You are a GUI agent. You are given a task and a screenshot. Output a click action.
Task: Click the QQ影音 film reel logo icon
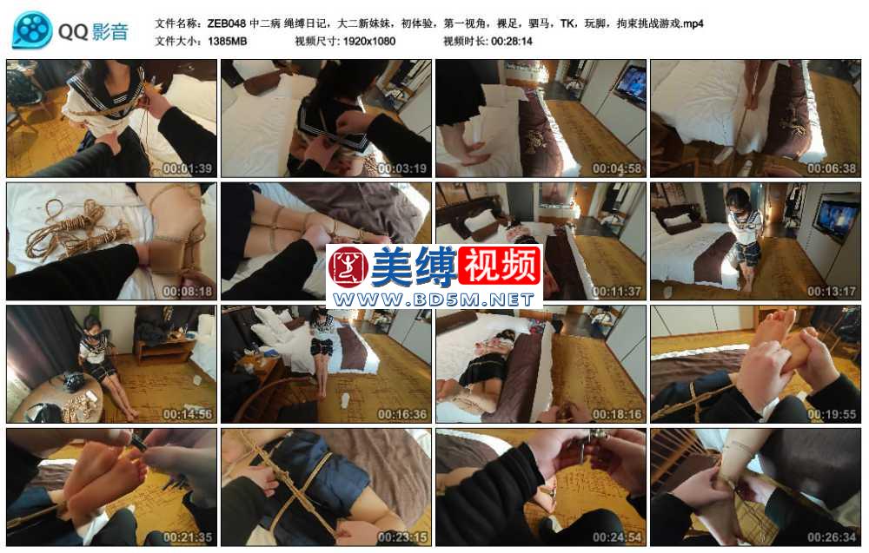(32, 30)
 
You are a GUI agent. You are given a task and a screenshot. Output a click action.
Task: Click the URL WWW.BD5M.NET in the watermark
(433, 300)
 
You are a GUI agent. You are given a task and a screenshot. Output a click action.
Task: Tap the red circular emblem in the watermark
(348, 268)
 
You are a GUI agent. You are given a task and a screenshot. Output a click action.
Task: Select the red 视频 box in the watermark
(500, 267)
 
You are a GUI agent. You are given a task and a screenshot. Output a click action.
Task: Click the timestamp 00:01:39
(187, 168)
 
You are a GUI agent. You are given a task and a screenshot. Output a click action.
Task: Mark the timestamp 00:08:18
(187, 292)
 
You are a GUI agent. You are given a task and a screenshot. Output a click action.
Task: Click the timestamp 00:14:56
(187, 415)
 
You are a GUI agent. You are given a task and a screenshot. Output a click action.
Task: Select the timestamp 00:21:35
(187, 538)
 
